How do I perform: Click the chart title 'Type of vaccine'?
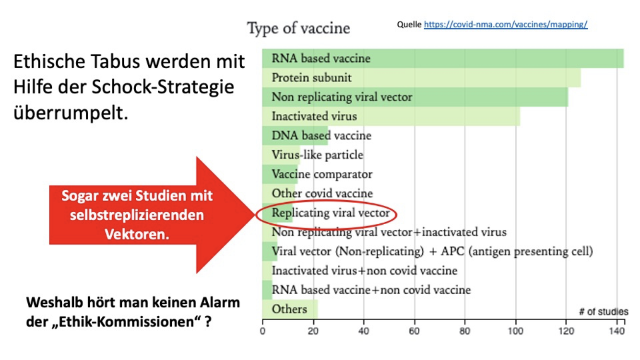[298, 29]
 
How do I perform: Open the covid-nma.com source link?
[506, 24]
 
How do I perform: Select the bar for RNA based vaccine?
[443, 59]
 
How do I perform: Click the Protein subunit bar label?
[312, 77]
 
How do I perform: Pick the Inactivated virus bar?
[391, 116]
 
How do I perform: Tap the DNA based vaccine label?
[321, 135]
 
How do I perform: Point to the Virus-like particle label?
[318, 155]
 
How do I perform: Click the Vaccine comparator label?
[322, 174]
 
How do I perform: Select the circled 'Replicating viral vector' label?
[331, 213]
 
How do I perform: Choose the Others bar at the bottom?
[290, 309]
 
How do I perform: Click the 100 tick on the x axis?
[515, 331]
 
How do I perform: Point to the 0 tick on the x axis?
[262, 331]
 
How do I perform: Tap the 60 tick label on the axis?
[415, 331]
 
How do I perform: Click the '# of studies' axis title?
[604, 312]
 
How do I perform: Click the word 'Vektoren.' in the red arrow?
[137, 234]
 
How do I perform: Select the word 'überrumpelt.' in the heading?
[71, 113]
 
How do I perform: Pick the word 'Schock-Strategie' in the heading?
[163, 87]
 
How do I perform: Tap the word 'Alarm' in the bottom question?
[220, 302]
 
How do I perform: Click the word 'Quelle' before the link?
[409, 24]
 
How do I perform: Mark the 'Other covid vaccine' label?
[322, 193]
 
